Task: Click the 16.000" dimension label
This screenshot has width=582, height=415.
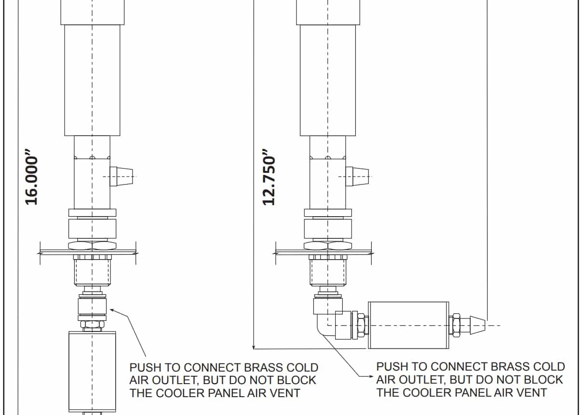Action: click(x=32, y=180)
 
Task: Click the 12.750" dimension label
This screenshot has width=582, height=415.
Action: click(x=270, y=180)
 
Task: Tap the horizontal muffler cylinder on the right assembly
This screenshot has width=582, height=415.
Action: click(x=408, y=325)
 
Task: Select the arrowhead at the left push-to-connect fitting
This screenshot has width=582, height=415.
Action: click(x=112, y=309)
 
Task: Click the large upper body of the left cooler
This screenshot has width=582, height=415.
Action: click(x=93, y=80)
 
